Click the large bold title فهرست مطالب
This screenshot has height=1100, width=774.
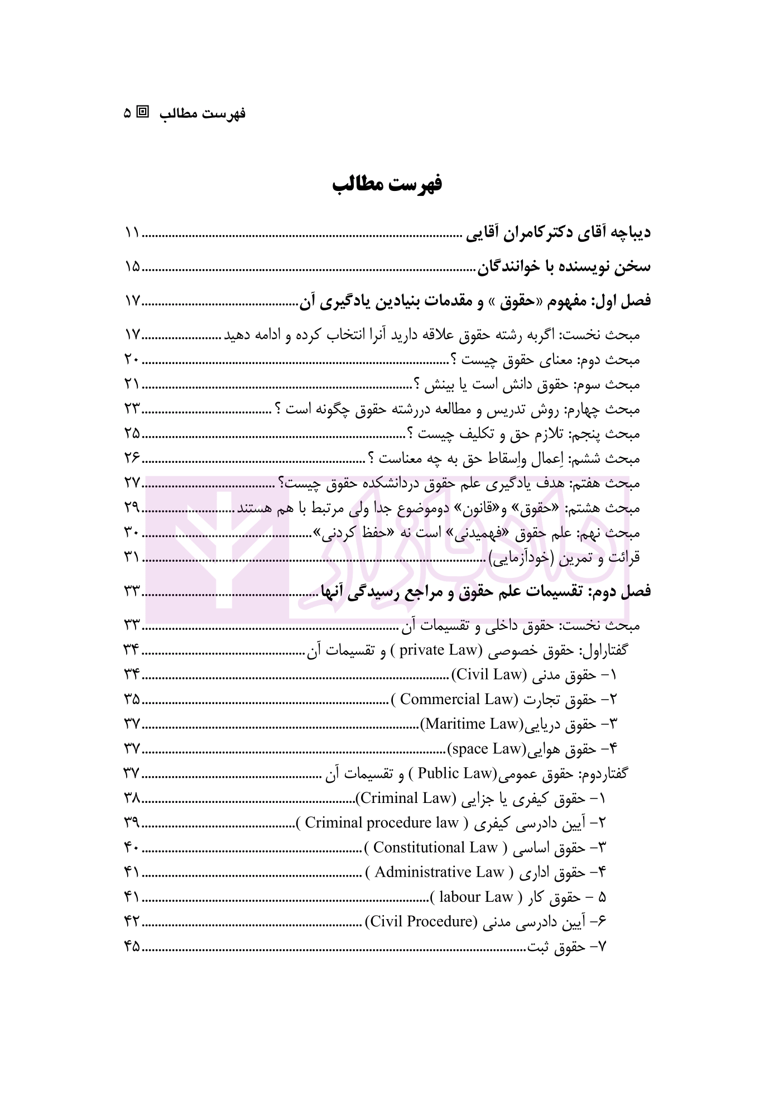pos(387,184)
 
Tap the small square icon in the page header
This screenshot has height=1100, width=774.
pos(143,112)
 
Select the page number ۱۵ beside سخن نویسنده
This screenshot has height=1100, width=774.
pos(132,267)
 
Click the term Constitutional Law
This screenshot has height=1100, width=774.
pos(435,848)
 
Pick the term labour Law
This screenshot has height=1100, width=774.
pos(476,897)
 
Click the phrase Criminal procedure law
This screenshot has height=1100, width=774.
pos(382,822)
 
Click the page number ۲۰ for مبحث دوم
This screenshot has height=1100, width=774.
pos(132,360)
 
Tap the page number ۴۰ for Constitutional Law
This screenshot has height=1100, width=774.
pos(132,848)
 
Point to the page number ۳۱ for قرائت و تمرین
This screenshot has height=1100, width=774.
pos(132,557)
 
